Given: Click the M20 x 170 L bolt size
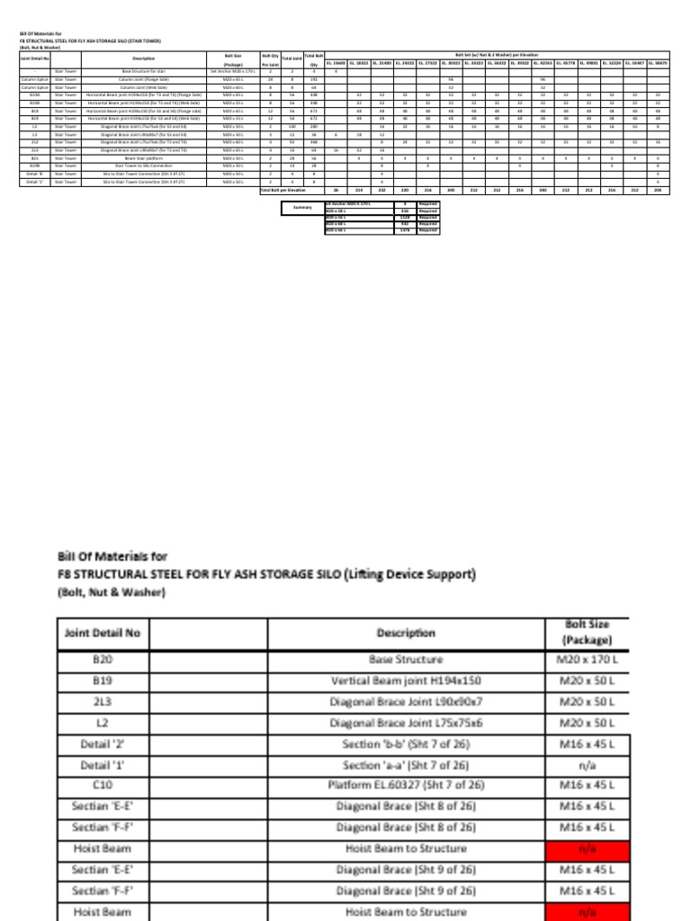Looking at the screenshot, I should click(x=588, y=659).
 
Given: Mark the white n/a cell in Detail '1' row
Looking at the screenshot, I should click(x=588, y=765).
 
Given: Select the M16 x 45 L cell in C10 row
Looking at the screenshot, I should click(x=588, y=784).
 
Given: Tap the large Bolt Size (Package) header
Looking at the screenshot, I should click(x=588, y=630).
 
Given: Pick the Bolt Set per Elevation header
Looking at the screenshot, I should click(x=495, y=55).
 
